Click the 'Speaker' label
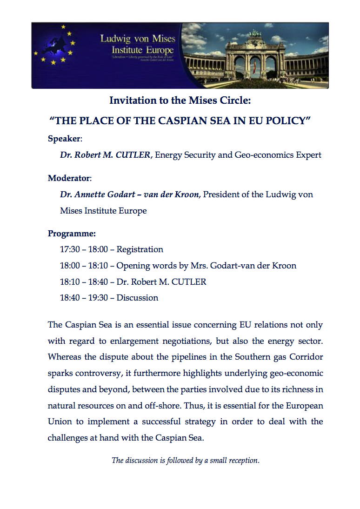pos(64,139)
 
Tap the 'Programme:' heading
pos(72,234)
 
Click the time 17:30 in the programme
pos(70,249)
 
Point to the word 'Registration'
pos(140,249)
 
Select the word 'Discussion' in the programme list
pos(137,298)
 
